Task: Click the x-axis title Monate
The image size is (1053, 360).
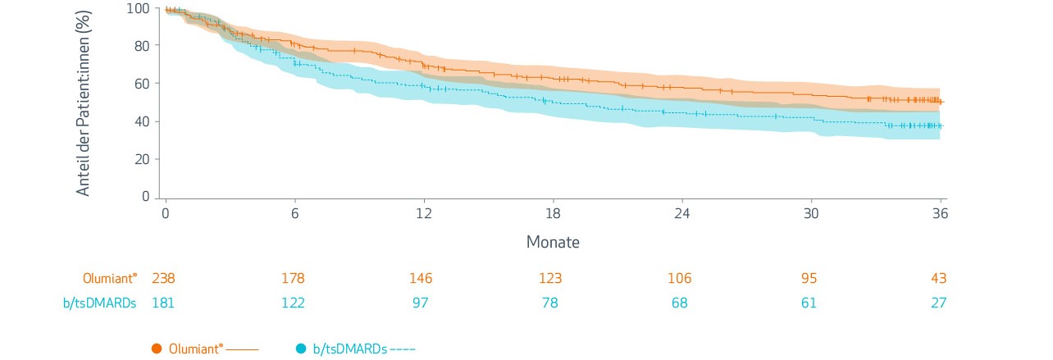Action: [552, 243]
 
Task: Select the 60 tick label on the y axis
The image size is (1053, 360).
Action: [142, 84]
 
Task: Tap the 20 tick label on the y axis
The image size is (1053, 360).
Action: [142, 159]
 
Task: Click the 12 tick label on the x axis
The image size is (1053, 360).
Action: [424, 212]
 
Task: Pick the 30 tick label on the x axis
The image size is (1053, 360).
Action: [811, 212]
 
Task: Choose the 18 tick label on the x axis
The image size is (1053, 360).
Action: [553, 212]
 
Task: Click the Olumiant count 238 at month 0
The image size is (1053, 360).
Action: [164, 279]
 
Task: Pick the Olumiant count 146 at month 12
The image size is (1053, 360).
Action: [422, 279]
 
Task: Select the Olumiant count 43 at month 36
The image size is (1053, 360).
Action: [938, 279]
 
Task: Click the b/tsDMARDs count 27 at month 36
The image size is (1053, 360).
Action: [938, 303]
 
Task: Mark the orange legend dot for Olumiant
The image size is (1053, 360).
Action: [157, 349]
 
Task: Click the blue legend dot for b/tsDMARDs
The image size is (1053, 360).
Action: [300, 349]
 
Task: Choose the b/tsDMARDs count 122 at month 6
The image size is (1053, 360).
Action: [293, 303]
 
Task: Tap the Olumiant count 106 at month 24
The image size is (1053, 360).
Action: [680, 279]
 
